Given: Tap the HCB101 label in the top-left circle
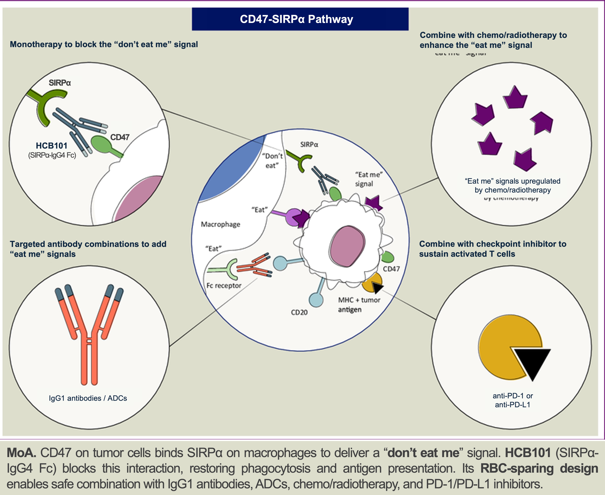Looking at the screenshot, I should click(52, 146).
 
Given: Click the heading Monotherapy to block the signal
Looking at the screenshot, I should click(104, 44).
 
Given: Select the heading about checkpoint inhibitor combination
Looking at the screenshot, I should click(493, 249).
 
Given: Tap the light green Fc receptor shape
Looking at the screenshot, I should click(228, 269).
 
